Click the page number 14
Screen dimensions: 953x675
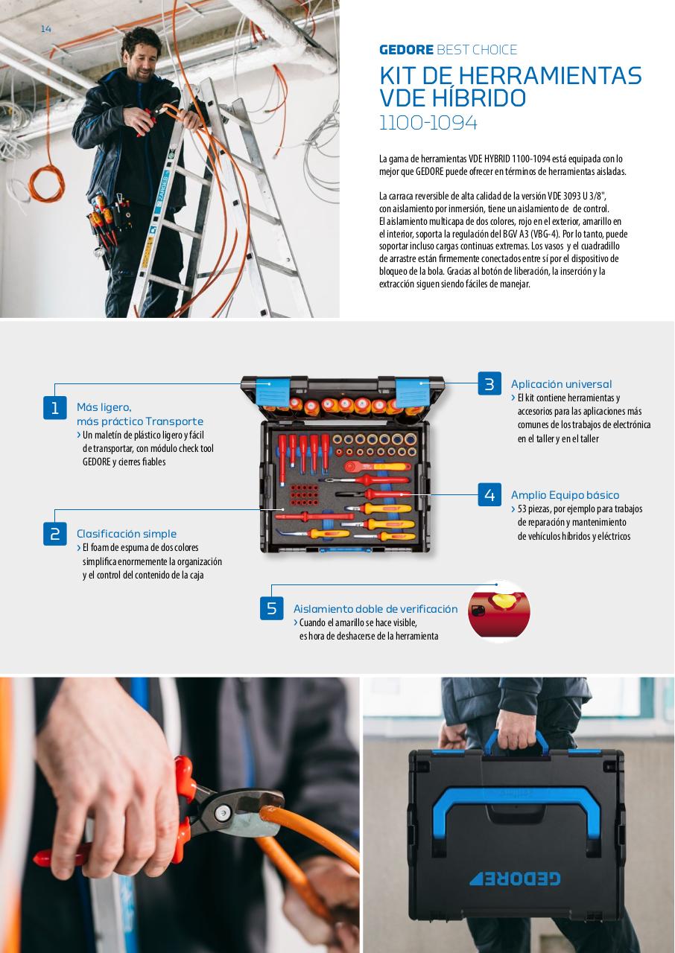tap(45, 28)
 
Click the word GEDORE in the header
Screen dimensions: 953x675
tap(406, 50)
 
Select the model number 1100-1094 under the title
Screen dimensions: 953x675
tap(428, 123)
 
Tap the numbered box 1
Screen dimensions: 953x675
tap(55, 407)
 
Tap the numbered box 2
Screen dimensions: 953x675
tap(55, 534)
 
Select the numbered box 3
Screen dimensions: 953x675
tap(489, 384)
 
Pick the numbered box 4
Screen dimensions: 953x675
tap(489, 495)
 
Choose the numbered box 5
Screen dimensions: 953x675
tap(271, 608)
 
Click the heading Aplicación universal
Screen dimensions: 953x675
tap(561, 384)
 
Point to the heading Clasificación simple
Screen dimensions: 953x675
tap(127, 534)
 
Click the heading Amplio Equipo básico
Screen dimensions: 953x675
tap(565, 495)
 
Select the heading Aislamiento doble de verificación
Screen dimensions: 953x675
tap(375, 608)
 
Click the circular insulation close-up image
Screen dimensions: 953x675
tap(498, 611)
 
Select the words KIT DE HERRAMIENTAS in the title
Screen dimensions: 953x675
tap(510, 75)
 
